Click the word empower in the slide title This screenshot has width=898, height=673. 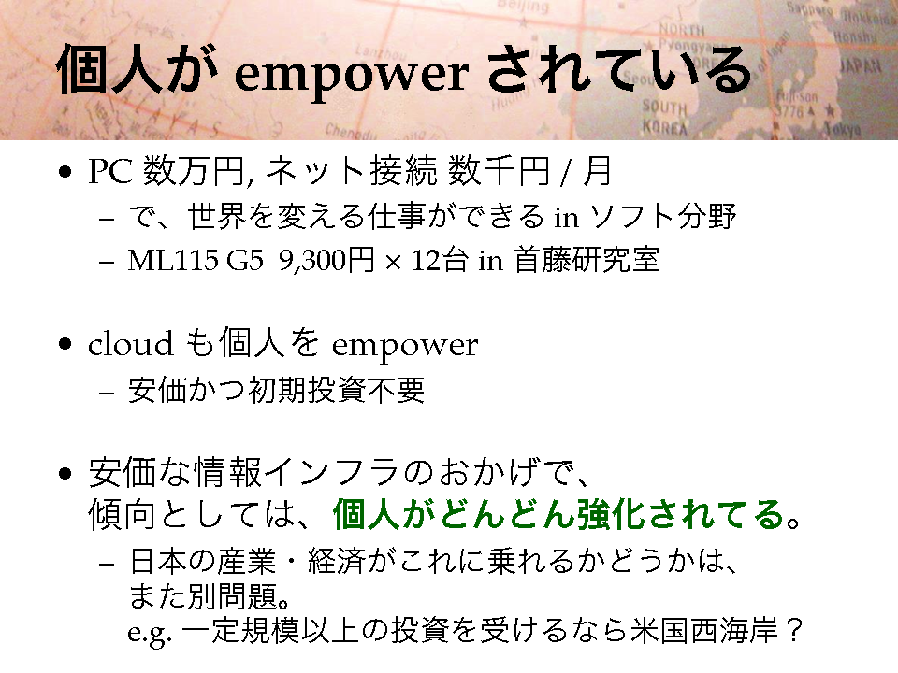point(352,76)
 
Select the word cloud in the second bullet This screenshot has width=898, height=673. point(131,344)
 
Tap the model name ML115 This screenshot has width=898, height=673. point(173,261)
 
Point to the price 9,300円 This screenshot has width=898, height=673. point(327,261)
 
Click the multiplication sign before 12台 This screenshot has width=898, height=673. point(393,262)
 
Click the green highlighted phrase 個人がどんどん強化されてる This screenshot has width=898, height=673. point(558,514)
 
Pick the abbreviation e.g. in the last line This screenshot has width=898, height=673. point(150,633)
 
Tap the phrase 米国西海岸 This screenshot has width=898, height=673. point(703,631)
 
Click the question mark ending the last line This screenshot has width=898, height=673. point(794,631)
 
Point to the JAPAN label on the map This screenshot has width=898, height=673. point(860,65)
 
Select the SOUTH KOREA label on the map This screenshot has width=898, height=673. point(664,117)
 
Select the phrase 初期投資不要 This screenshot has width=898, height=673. point(336,391)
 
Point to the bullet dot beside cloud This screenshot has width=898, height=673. point(65,344)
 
